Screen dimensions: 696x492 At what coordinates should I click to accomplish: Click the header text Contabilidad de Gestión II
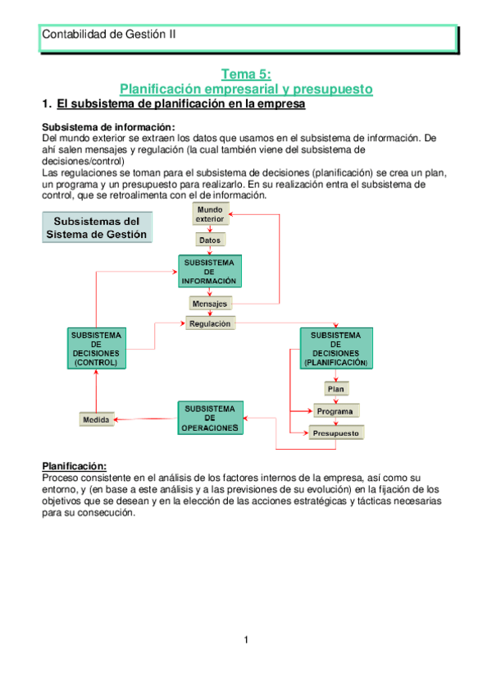click(x=108, y=34)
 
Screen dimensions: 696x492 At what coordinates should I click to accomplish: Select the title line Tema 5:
click(x=246, y=74)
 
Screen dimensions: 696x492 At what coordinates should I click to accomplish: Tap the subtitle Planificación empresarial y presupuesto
click(x=246, y=89)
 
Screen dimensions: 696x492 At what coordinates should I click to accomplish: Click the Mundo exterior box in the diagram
click(x=210, y=215)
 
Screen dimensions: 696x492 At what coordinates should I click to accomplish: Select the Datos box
click(x=210, y=240)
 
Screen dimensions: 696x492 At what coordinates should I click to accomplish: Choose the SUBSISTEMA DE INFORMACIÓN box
click(x=210, y=272)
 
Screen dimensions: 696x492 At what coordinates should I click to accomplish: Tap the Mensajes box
click(x=210, y=304)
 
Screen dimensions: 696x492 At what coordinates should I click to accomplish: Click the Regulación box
click(x=210, y=323)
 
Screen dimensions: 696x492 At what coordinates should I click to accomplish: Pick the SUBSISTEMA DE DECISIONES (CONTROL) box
click(x=95, y=348)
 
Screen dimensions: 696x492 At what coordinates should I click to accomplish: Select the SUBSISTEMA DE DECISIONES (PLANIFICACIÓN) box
click(x=336, y=348)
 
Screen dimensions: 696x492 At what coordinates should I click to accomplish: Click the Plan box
click(x=335, y=389)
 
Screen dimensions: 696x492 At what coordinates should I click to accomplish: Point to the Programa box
click(x=335, y=410)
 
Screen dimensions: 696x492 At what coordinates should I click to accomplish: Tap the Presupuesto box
click(x=336, y=432)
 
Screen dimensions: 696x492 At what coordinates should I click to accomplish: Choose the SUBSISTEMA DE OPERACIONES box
click(x=210, y=418)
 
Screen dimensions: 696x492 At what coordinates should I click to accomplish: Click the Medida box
click(x=96, y=420)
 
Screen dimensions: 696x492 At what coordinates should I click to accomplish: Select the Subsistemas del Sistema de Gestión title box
click(x=97, y=227)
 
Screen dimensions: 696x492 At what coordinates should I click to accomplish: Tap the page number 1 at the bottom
click(x=246, y=640)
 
